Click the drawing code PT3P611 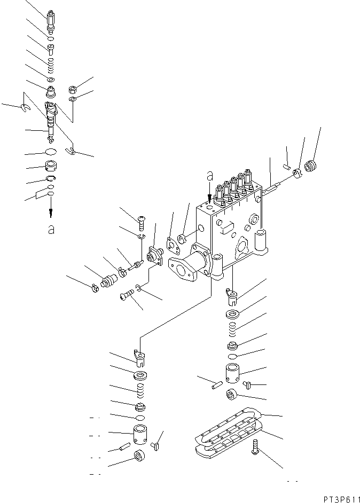tap(340, 498)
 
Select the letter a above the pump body tap(210, 175)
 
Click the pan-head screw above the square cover tap(142, 218)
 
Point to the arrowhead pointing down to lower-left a tap(51, 214)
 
